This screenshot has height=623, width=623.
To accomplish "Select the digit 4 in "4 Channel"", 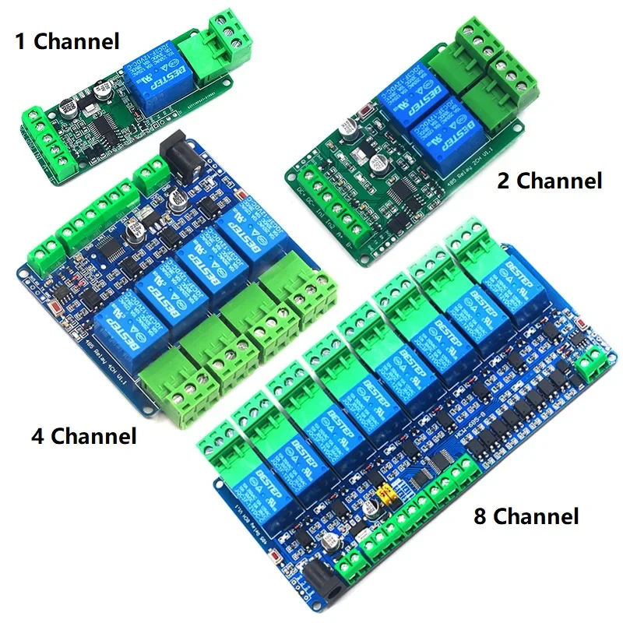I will pyautogui.click(x=37, y=435).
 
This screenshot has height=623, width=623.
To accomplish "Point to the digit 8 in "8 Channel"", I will pyautogui.click(x=480, y=516).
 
